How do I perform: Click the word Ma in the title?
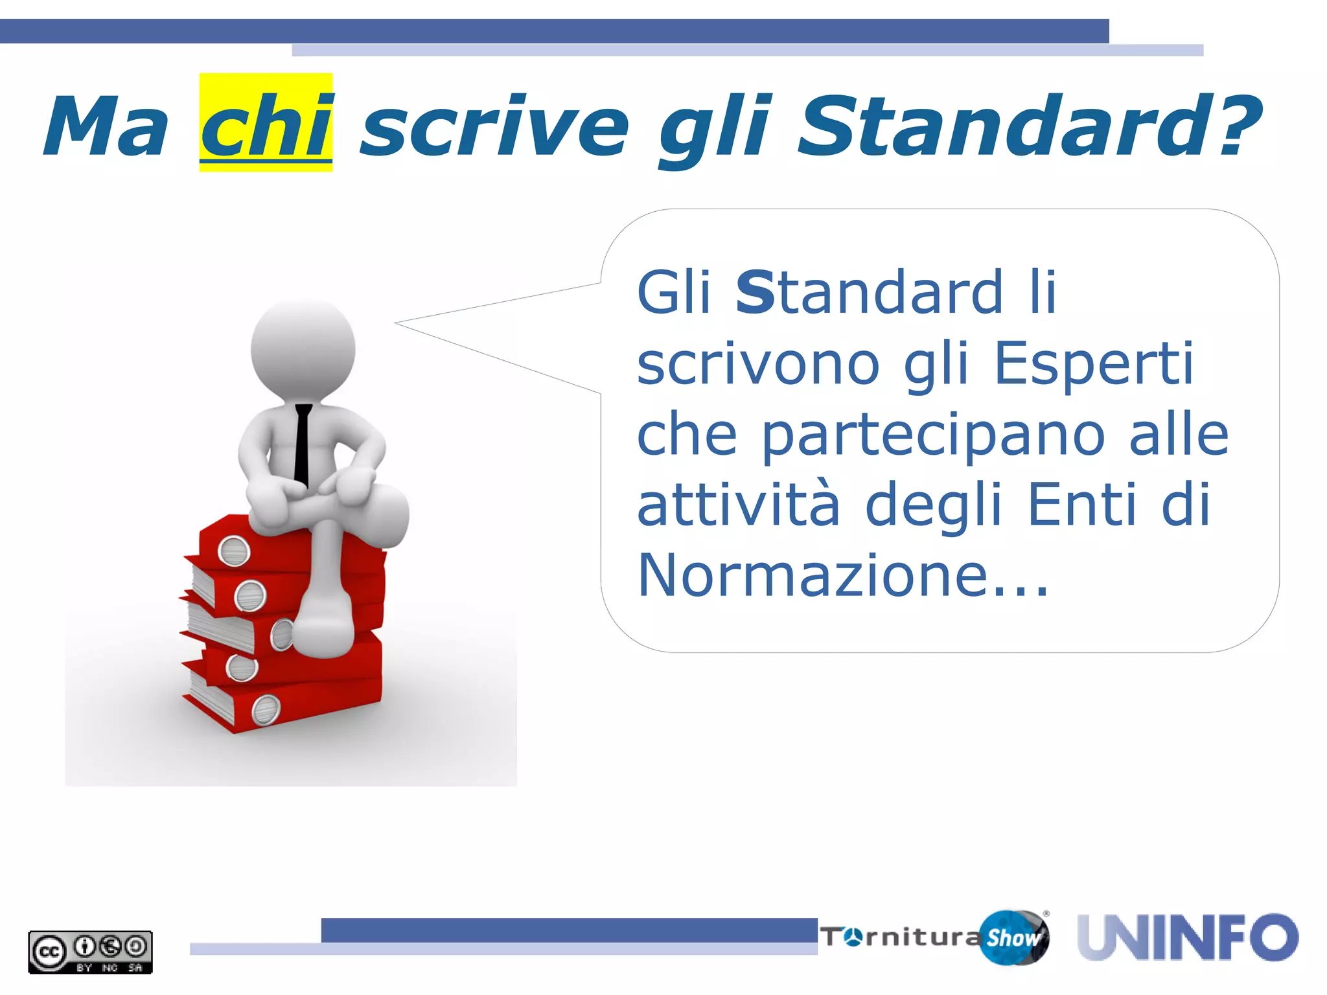point(107,126)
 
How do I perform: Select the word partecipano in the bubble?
point(933,436)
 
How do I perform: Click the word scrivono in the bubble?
point(758,363)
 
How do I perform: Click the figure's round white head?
point(303,350)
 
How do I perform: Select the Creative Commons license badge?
point(90,952)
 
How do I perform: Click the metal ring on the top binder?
point(234,551)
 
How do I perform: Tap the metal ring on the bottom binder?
point(266,709)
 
